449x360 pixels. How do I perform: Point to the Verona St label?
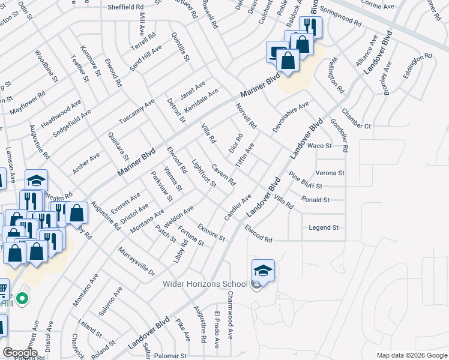tap(330, 173)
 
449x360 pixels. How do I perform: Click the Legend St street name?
tap(324, 228)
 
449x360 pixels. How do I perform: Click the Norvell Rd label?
tap(246, 116)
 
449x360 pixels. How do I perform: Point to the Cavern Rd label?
tap(223, 175)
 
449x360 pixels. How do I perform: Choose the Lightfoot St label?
tap(203, 173)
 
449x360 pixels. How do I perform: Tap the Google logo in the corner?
tap(20, 353)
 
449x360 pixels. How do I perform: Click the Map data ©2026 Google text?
tap(412, 355)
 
